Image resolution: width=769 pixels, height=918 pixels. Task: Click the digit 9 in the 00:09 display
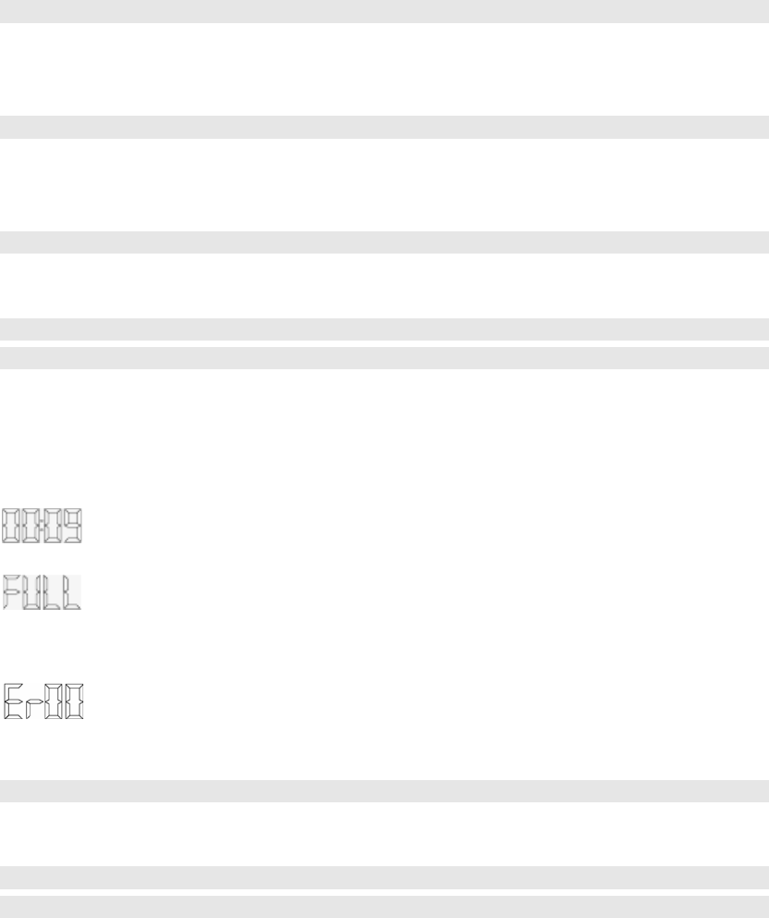pos(71,525)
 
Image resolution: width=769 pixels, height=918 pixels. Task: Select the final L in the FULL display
pos(72,592)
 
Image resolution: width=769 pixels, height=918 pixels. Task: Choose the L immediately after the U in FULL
pos(53,592)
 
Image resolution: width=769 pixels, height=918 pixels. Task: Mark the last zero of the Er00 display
pos(74,702)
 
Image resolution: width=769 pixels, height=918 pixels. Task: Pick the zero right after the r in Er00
pos(54,702)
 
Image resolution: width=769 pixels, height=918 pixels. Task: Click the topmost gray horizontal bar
pos(384,11)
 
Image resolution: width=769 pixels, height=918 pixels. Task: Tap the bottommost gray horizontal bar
pos(384,906)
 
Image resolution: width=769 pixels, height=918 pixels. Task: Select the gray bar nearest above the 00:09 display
pos(384,357)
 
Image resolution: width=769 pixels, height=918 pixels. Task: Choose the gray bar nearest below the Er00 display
pos(384,790)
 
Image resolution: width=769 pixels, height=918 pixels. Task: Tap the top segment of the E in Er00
pos(14,687)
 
